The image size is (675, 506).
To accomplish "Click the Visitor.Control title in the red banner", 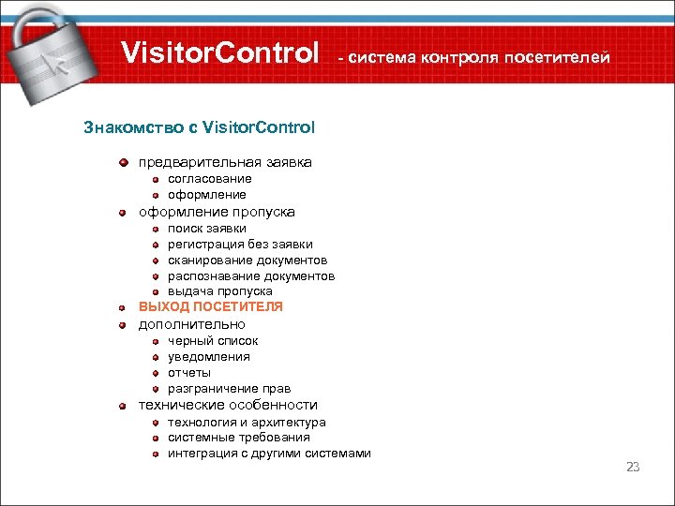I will point(220,53).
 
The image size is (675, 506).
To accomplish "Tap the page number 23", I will point(632,467).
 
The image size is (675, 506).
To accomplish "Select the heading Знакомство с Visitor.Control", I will point(200,126).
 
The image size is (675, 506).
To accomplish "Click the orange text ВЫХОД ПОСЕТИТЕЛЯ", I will point(211,306).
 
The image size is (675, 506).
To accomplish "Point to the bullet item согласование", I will point(210,179).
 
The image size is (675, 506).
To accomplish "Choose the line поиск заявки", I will point(207,228).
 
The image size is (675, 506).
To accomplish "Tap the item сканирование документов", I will point(247,260).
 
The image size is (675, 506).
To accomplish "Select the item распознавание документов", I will point(251,275).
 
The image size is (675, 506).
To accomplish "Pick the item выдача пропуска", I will point(220,291).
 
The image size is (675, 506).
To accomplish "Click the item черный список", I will point(213,341).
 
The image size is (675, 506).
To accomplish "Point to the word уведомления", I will point(209,357).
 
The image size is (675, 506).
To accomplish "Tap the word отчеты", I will point(189,373).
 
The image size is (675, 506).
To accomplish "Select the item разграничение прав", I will point(230,389).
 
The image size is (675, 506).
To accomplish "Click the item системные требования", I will point(239,438).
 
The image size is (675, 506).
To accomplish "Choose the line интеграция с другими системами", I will point(269,454).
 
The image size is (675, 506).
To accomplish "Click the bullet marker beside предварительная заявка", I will point(123,163).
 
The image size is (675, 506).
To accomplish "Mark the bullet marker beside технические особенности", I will point(123,406).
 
